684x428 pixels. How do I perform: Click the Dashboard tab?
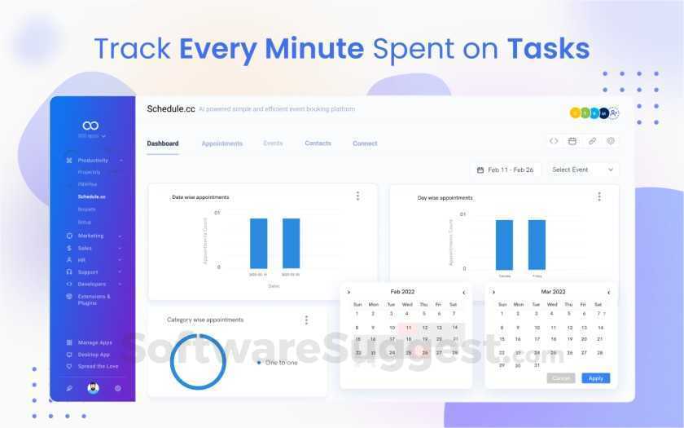click(163, 143)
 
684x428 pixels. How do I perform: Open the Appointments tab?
click(222, 143)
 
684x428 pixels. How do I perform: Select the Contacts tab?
click(318, 143)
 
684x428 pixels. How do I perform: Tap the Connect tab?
click(365, 143)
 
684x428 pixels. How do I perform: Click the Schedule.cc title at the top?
click(171, 108)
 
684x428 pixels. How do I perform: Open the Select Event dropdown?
click(581, 170)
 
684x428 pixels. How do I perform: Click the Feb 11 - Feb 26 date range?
click(505, 170)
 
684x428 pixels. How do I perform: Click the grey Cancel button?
click(561, 378)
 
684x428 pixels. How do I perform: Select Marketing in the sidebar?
click(91, 236)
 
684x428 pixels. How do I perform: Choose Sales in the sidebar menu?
click(85, 248)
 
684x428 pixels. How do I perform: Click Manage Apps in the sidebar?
click(94, 342)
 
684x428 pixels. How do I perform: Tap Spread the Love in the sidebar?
click(98, 366)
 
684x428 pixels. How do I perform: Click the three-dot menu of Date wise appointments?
click(357, 196)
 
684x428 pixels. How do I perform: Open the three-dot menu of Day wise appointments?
click(599, 196)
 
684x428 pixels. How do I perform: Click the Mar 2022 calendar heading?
click(553, 291)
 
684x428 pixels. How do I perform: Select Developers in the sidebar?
click(92, 284)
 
